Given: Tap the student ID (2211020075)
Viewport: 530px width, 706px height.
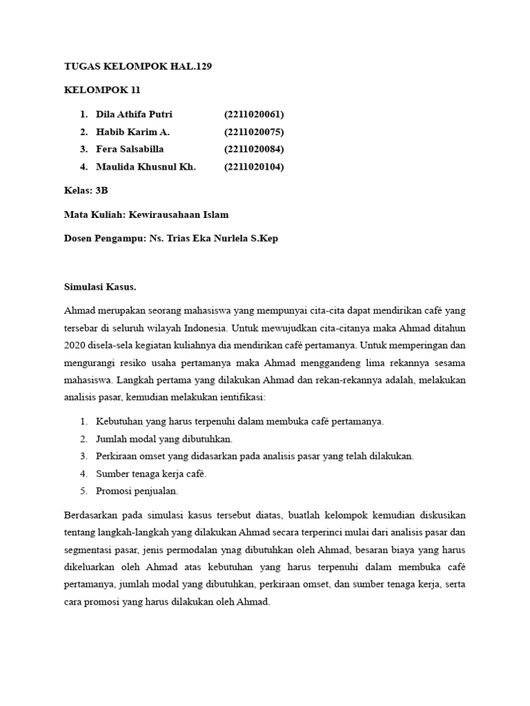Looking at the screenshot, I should (254, 132).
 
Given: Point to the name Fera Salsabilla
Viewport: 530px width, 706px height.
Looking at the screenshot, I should (130, 149).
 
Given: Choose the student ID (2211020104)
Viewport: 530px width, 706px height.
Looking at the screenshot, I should (254, 167).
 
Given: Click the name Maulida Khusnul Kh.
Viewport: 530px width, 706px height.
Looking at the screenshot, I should (146, 167).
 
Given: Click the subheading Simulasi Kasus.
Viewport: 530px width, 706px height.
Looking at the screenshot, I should (100, 286).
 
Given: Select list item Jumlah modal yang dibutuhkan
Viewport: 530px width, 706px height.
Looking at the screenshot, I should (164, 438).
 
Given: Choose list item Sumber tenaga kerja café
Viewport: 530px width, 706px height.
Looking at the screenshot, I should (151, 474).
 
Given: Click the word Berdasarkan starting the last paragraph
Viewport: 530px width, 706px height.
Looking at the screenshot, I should (91, 515).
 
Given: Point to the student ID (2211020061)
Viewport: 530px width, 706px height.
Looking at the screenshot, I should (254, 114).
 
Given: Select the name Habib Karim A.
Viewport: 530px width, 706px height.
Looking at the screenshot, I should (132, 132).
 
